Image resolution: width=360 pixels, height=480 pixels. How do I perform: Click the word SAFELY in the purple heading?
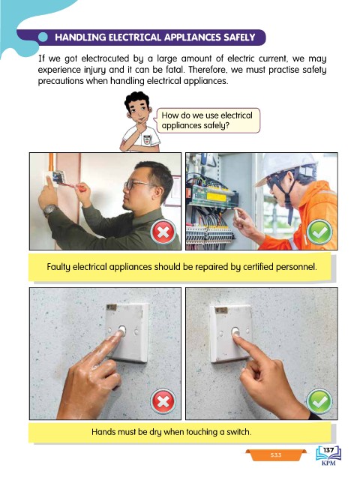point(239,37)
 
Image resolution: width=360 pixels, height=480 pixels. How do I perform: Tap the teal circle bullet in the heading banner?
point(43,37)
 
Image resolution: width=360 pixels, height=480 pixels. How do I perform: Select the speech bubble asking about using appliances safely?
point(208,120)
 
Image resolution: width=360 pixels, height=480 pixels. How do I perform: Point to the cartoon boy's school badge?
point(147,139)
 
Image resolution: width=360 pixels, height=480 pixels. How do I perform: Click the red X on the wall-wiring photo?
point(163,232)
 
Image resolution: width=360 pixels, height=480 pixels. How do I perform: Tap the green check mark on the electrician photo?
point(319,232)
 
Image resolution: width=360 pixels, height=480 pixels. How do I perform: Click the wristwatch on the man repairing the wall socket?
point(49,210)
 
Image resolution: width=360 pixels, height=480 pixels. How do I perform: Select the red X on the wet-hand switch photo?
point(163,401)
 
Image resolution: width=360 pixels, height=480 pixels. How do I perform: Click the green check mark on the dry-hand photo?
point(319,401)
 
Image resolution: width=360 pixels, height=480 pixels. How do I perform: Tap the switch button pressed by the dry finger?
point(235,331)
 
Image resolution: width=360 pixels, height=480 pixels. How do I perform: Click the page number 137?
point(328,450)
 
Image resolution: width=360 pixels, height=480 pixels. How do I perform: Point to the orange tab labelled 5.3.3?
point(275,455)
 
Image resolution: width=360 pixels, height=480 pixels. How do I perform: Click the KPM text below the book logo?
point(328,463)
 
